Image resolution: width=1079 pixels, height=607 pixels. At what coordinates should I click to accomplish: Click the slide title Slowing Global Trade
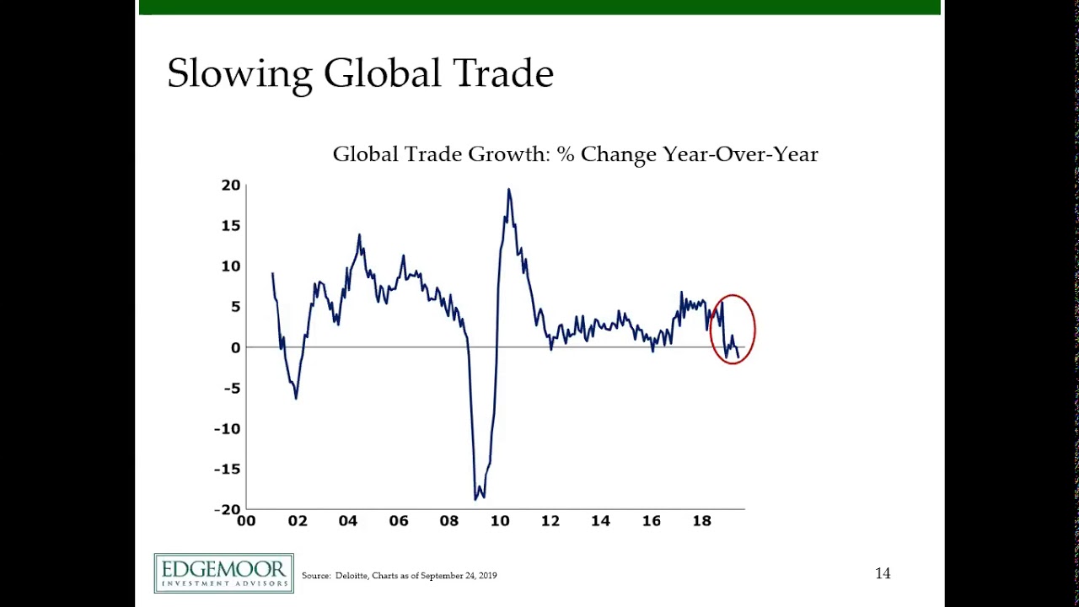(x=360, y=74)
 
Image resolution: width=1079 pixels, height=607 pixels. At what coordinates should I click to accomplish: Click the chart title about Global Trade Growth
(x=575, y=154)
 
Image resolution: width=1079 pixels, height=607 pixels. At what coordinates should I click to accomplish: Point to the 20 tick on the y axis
(x=231, y=185)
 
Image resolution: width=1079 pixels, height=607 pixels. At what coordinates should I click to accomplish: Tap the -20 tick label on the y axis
(x=227, y=509)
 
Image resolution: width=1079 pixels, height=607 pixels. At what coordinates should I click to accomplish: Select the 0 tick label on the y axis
(x=235, y=347)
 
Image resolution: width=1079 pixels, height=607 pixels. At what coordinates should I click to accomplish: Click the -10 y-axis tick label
(x=227, y=428)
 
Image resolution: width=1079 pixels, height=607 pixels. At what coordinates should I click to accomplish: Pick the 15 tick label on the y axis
(x=231, y=226)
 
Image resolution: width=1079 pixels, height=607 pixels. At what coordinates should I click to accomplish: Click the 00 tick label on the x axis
(x=246, y=521)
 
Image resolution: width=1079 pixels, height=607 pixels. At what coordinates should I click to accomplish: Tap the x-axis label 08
(x=448, y=521)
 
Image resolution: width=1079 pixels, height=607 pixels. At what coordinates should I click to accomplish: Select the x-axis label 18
(x=701, y=521)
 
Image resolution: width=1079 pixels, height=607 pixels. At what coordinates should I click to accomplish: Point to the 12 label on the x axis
(x=550, y=521)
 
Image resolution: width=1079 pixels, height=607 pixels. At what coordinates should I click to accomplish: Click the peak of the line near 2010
(x=508, y=190)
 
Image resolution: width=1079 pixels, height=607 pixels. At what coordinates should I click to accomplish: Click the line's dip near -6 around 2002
(x=296, y=397)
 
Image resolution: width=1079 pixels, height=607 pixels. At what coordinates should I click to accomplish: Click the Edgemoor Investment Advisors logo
(x=223, y=573)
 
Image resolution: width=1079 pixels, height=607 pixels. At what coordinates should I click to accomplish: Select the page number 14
(x=883, y=573)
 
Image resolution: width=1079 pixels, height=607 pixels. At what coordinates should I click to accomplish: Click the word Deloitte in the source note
(x=352, y=576)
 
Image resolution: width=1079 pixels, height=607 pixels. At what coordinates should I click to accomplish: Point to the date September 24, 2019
(x=459, y=576)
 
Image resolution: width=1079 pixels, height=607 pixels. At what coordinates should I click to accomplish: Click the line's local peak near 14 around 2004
(x=359, y=235)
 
